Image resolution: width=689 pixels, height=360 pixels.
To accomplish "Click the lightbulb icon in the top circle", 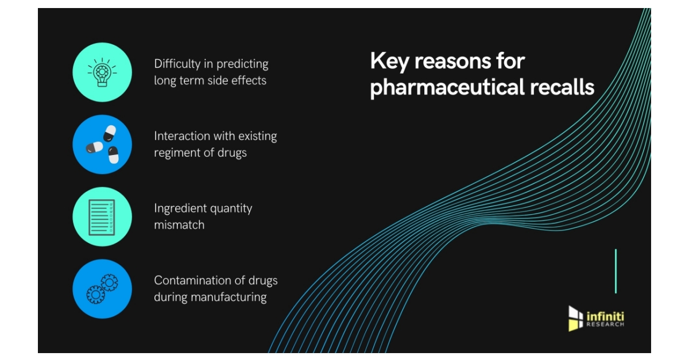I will pyautogui.click(x=102, y=72).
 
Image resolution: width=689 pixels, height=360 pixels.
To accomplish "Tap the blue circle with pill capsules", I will pyautogui.click(x=102, y=144).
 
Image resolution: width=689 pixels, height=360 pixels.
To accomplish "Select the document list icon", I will pyautogui.click(x=102, y=216).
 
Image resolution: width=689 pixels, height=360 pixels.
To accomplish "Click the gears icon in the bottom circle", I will pyautogui.click(x=102, y=288).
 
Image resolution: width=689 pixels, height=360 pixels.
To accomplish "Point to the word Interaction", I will pyautogui.click(x=181, y=136).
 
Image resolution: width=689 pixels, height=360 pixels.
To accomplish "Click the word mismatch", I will pyautogui.click(x=179, y=225).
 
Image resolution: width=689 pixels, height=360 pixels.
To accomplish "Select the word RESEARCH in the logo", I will pyautogui.click(x=605, y=324).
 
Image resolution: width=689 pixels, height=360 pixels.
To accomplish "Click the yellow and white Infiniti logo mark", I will pyautogui.click(x=575, y=319).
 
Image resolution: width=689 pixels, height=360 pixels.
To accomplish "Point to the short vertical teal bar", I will pyautogui.click(x=616, y=271).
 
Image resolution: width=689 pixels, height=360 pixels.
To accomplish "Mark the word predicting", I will pyautogui.click(x=238, y=64).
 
